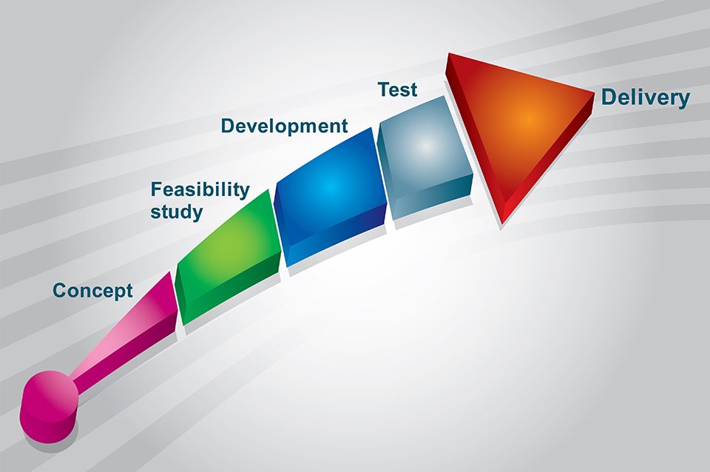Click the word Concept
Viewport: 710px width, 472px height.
coord(93,291)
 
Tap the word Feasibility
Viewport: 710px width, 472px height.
coord(200,189)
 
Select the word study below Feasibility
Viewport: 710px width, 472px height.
coord(177,212)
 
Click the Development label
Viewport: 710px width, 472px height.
coord(284,126)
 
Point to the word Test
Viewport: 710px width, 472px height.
coord(398,90)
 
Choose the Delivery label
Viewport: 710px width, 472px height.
coord(645,98)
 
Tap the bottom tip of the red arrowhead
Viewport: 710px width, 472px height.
coord(501,223)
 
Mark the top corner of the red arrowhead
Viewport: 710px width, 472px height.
coord(448,53)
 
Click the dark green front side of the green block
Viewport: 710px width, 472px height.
coord(231,290)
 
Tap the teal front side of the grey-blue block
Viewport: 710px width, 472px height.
coord(434,198)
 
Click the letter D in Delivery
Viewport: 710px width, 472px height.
coord(609,98)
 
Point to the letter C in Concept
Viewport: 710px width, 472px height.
coord(60,291)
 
